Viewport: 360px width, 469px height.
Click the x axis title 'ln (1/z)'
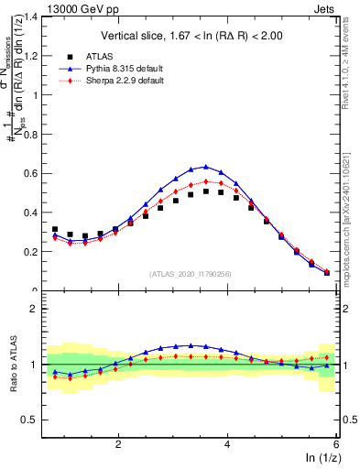(321, 459)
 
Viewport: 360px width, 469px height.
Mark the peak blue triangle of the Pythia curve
(206, 167)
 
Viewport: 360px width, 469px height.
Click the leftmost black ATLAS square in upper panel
(55, 230)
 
